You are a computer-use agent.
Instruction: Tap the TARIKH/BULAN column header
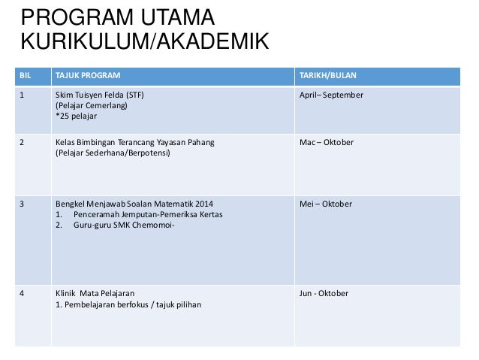coord(328,76)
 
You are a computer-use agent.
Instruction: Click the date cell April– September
coord(331,95)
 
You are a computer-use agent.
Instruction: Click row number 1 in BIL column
coord(22,95)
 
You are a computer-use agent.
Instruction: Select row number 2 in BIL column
coord(22,143)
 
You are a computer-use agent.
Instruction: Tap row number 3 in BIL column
coord(22,204)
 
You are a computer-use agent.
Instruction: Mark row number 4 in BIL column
coord(22,294)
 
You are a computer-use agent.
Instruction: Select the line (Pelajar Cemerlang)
coord(92,106)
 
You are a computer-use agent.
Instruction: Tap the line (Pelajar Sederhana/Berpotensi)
coord(113,153)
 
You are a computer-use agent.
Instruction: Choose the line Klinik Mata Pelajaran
coord(101,294)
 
